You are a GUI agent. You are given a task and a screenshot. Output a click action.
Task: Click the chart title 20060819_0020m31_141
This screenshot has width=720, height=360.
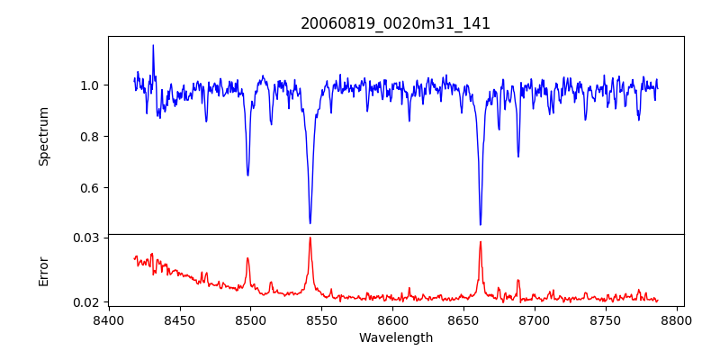[x=395, y=23]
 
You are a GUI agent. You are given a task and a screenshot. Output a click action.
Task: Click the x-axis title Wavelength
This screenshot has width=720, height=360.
[x=395, y=338]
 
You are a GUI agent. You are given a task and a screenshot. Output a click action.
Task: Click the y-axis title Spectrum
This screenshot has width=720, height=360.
[x=44, y=136]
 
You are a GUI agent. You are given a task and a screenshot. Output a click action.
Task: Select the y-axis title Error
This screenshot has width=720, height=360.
[x=44, y=270]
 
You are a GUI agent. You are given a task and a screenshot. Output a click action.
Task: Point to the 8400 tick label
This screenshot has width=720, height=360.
[x=108, y=319]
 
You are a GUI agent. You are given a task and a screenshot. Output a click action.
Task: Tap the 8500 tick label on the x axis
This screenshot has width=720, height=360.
[x=250, y=319]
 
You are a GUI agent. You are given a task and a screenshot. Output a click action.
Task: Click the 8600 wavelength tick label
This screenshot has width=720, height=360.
[x=392, y=319]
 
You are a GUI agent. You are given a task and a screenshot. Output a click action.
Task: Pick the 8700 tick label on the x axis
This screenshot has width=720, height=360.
[x=535, y=319]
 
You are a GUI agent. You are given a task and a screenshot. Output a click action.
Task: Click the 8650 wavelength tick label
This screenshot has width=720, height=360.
[x=463, y=319]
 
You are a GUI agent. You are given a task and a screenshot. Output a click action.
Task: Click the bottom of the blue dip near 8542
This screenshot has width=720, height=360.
[x=310, y=223]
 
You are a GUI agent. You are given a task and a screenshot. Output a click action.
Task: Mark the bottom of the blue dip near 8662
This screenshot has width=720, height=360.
[x=481, y=224]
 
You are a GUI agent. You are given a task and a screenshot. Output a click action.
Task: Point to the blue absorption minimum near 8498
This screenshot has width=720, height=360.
[x=247, y=175]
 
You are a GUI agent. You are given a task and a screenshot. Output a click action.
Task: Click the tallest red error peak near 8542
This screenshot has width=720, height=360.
[x=310, y=238]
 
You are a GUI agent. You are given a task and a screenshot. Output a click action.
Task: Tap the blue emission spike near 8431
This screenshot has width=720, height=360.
[x=153, y=45]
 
